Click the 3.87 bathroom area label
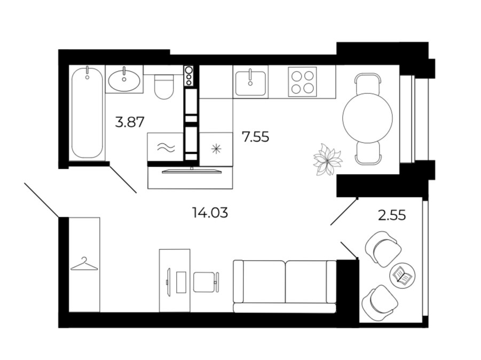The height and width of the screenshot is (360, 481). point(129,122)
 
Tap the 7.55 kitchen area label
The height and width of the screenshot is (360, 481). point(255,137)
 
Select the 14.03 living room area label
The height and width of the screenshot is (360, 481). point(210,213)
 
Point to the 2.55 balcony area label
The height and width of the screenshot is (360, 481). point(392,215)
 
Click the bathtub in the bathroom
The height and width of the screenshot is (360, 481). point(87,112)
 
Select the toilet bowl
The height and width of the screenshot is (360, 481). point(164,87)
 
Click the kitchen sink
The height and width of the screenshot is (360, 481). point(250,83)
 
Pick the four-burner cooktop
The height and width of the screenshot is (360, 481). point(302,82)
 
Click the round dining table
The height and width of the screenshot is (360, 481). point(367,118)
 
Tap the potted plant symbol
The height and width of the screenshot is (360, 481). point(328,159)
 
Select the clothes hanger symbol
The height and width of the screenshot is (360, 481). point(84,264)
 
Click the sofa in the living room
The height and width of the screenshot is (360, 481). point(285,286)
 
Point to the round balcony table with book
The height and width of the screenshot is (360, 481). point(402,276)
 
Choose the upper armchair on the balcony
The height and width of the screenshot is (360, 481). point(383,249)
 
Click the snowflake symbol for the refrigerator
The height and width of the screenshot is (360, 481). point(216,149)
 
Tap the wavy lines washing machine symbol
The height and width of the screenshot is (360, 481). point(166,147)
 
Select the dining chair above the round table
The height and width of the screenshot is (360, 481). point(367,84)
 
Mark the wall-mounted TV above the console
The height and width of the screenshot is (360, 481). point(192,171)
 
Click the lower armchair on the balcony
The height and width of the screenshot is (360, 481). point(381,303)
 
